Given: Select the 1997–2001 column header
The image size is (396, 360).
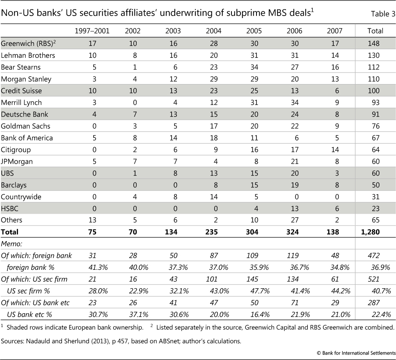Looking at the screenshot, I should coord(92,31).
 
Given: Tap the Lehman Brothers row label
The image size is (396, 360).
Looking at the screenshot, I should coord(28,55).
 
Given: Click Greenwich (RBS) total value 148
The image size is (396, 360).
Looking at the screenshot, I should coord(375,43).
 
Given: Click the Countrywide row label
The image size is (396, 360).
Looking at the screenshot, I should coord(21,197).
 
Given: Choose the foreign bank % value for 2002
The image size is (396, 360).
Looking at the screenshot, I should coord(132,267).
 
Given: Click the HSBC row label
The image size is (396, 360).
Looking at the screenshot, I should coord(10,209).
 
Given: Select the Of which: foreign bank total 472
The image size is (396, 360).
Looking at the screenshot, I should coord(375,255).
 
